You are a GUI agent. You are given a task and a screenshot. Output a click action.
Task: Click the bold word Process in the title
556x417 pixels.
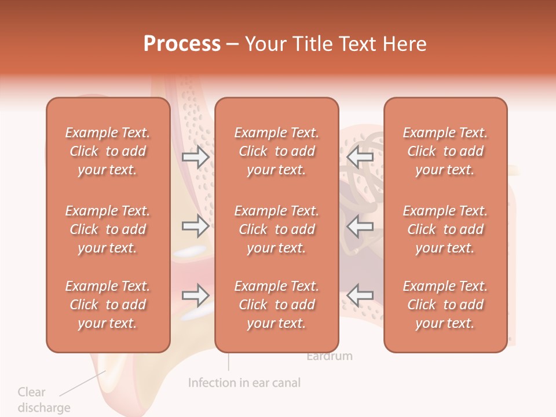(x=182, y=44)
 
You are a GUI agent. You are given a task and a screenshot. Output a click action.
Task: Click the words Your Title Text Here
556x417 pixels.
(x=335, y=44)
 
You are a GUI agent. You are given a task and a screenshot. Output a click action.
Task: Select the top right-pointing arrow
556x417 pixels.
(x=195, y=156)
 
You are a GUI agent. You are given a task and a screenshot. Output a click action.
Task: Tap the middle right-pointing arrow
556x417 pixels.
(x=195, y=226)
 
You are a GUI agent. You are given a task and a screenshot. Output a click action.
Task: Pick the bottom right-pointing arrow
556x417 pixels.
(x=195, y=295)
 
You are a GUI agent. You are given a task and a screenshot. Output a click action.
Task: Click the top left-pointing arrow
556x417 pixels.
(x=360, y=156)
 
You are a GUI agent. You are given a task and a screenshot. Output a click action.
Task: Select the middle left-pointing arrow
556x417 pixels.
(x=360, y=226)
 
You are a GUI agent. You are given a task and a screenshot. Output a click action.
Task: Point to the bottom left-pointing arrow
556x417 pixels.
(x=360, y=295)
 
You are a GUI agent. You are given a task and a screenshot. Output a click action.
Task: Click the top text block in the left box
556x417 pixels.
(x=108, y=151)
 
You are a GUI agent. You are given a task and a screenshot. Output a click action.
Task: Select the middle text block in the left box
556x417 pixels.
(x=108, y=229)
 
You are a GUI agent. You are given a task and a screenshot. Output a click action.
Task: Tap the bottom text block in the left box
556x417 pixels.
(x=108, y=305)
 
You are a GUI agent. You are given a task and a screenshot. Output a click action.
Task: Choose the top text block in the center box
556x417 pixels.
(x=276, y=151)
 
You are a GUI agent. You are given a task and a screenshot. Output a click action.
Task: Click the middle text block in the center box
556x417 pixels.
(x=276, y=229)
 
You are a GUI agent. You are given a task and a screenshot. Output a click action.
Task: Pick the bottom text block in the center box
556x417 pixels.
(x=276, y=305)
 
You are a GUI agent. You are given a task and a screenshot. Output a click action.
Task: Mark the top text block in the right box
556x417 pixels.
(x=445, y=151)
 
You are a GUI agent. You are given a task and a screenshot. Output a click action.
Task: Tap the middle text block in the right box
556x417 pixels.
(x=445, y=229)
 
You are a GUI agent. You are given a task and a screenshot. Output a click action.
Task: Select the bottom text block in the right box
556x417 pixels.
(x=445, y=305)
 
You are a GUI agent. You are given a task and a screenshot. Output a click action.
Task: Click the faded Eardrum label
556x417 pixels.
(x=329, y=356)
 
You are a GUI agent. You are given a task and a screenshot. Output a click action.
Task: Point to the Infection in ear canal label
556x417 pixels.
(x=244, y=383)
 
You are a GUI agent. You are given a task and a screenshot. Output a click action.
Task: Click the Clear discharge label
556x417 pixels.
(x=43, y=400)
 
